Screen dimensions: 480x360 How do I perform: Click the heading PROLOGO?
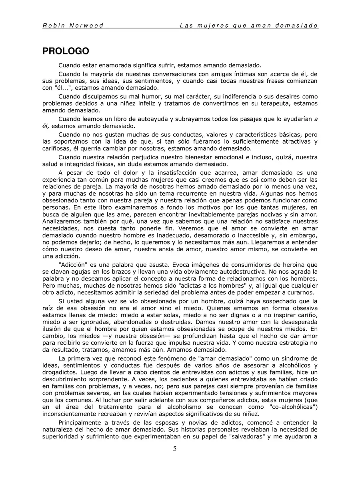(66, 51)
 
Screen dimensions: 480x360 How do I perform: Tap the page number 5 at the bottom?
(175, 448)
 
